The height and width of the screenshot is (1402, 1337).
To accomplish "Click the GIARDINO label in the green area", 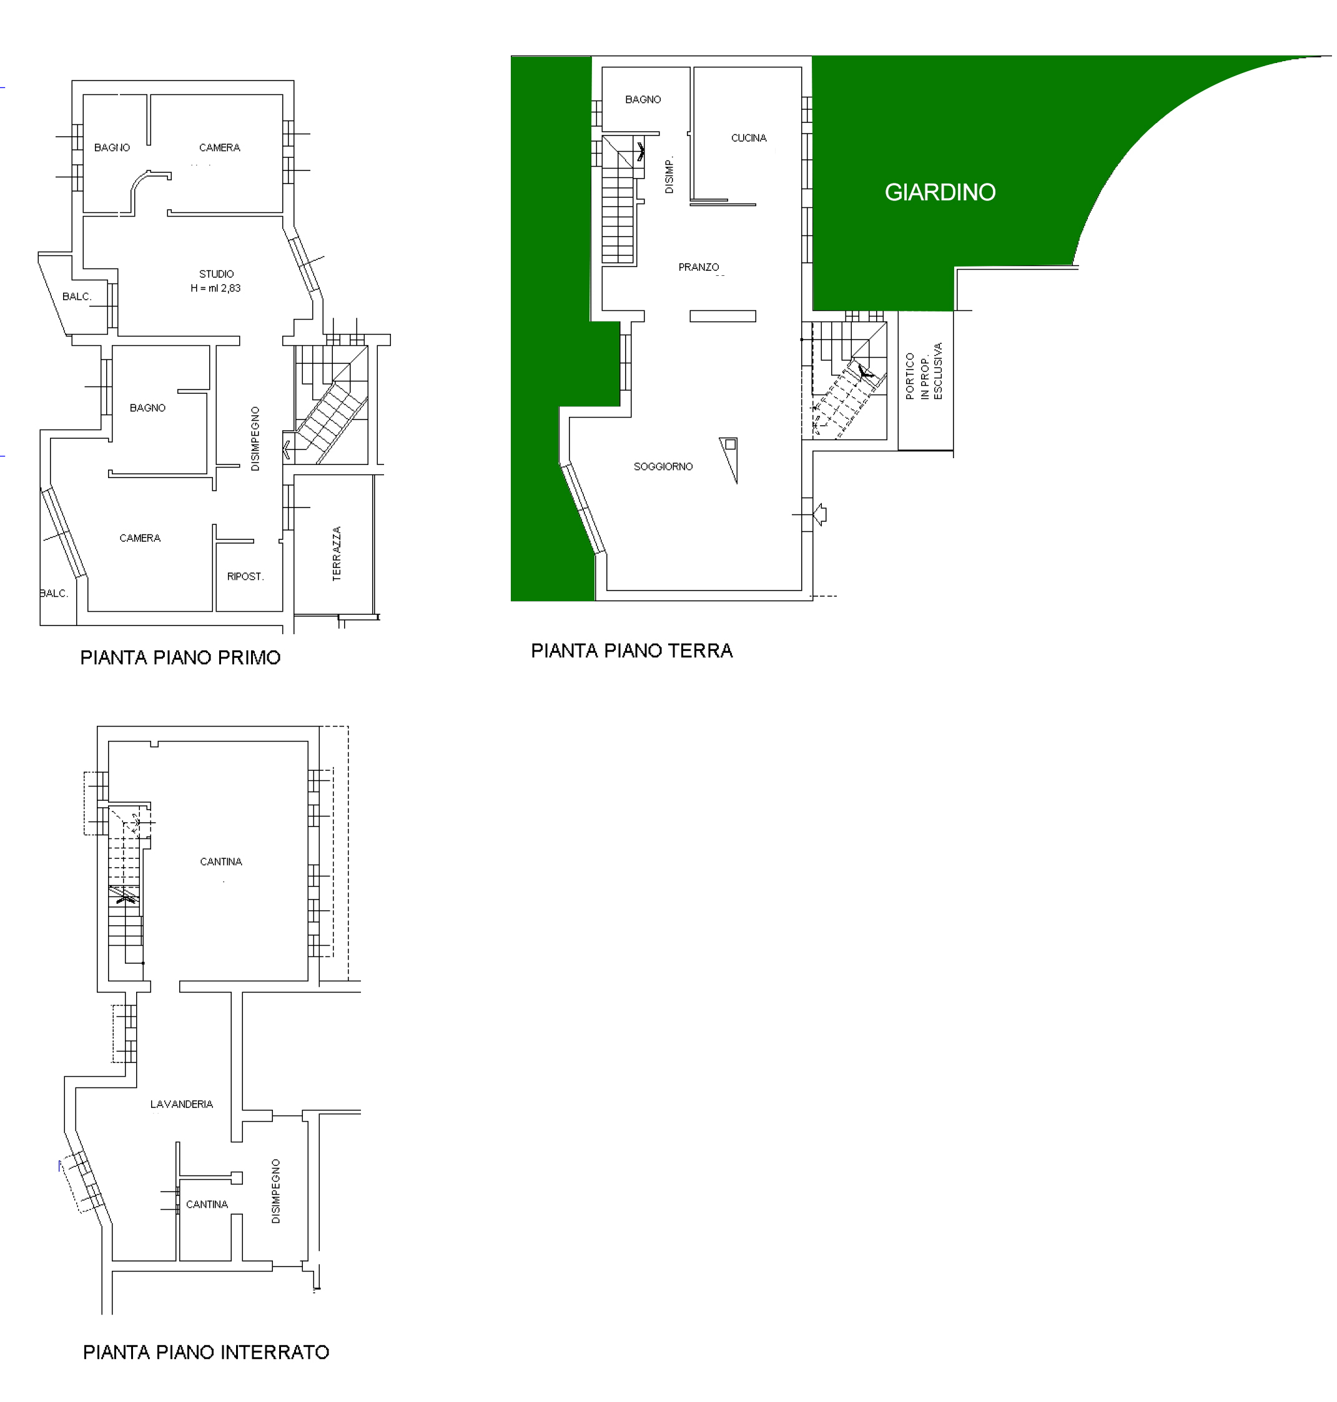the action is coord(940,192).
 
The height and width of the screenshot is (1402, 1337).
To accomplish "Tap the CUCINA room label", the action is coord(748,138).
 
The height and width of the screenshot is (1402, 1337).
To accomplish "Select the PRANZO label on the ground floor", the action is coord(698,267).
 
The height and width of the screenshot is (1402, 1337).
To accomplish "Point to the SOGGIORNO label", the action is coord(663,467).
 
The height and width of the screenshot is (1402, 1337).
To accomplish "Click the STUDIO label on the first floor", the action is coord(216,274).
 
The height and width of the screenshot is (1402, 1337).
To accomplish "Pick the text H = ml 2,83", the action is coord(215,288).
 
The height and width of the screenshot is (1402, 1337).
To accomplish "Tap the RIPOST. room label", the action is coord(245,576).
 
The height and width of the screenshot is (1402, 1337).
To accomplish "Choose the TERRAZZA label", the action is coord(337,554).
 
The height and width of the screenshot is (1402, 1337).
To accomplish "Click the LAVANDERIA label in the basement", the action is coord(182,1104).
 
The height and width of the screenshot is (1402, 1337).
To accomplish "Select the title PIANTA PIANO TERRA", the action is coord(631,651).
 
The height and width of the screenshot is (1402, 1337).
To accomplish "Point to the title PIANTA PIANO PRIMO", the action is coord(180,657).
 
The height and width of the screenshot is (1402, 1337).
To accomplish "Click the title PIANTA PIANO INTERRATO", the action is coord(206,1352).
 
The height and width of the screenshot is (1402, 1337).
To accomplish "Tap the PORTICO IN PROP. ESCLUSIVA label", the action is coord(924,372).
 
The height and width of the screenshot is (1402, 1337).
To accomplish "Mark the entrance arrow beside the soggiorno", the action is coord(819,514).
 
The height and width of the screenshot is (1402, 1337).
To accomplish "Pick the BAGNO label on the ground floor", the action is coord(643,100).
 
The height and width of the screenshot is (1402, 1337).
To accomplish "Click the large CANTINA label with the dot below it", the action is coord(221,862).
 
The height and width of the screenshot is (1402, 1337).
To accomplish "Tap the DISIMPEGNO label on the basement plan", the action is coord(276,1191).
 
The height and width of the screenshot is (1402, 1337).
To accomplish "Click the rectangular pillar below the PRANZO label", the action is coord(723,316).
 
